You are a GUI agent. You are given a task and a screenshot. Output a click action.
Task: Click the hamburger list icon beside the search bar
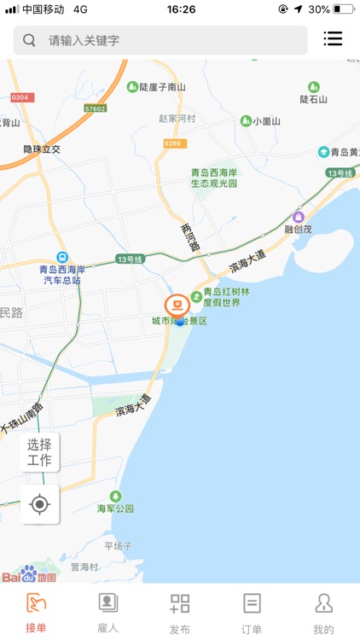point(333,39)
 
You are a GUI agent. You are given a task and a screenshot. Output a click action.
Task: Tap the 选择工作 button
point(40,452)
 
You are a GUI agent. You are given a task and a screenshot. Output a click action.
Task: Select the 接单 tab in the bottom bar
point(36,613)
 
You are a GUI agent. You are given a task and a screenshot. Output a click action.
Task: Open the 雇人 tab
point(107,613)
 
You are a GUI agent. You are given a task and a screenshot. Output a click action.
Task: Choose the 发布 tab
point(179,613)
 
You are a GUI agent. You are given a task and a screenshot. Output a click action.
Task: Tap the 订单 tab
point(252,613)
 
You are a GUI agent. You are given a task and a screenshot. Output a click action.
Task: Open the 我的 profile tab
point(323,613)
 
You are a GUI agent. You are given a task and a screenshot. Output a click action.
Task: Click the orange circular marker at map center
point(177,305)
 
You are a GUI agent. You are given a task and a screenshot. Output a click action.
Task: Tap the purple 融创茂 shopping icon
point(298,218)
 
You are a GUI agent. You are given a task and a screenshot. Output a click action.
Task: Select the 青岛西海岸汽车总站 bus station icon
point(61,257)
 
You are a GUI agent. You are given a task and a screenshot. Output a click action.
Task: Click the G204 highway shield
point(20,97)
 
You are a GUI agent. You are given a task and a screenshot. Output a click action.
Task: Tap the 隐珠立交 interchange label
point(42,149)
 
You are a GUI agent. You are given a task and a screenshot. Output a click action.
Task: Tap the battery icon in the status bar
point(344,9)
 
